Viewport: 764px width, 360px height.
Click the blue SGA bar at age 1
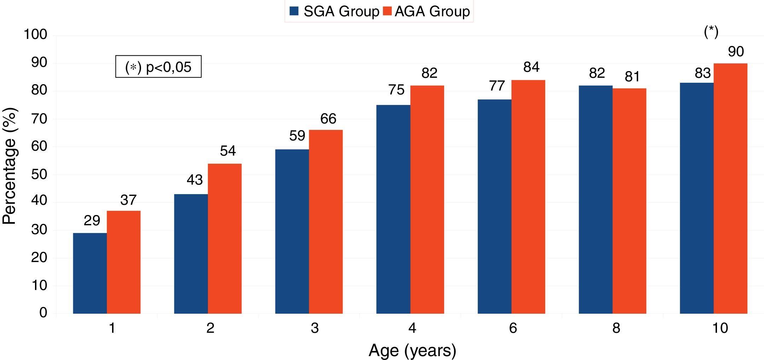coord(90,273)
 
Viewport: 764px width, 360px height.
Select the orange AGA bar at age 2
coord(224,239)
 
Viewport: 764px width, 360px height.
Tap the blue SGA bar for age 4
coord(393,209)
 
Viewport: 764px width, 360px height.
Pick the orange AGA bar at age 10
coord(730,188)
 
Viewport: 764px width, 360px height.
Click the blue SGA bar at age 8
coord(595,199)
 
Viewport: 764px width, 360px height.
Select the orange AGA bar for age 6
coord(528,197)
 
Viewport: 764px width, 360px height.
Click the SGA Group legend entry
coord(334,11)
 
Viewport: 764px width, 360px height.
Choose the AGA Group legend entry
coord(427,11)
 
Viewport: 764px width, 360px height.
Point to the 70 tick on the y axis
coord(39,119)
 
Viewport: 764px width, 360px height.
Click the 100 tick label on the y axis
coord(35,35)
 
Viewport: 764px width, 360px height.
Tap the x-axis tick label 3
coord(315,328)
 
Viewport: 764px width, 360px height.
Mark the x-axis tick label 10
coord(720,328)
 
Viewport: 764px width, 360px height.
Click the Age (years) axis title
coord(412,350)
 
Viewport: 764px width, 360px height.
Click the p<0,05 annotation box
coord(158,66)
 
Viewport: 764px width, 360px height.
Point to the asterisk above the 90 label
coord(711,32)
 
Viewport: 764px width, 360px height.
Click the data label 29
coord(92,221)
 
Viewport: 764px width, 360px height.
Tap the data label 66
coord(328,119)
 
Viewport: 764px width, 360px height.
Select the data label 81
coord(632,77)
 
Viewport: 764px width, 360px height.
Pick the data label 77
coord(497,86)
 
